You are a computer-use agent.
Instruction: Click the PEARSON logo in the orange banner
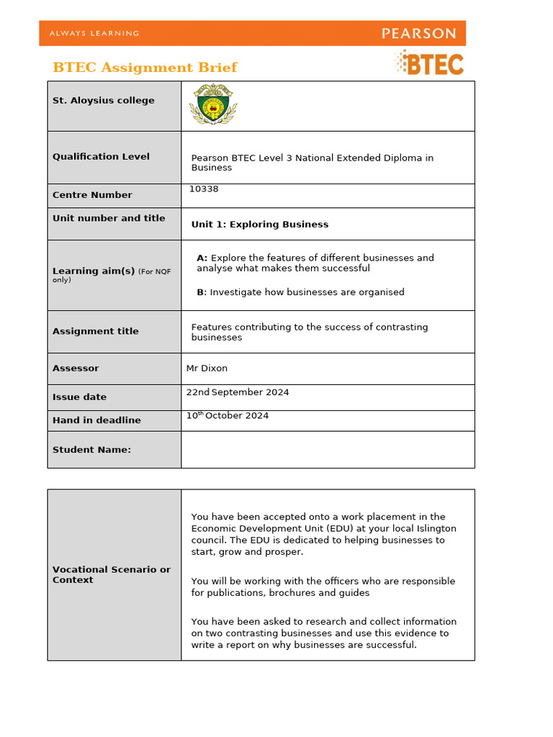(418, 33)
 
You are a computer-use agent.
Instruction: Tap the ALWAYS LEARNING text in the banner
(94, 33)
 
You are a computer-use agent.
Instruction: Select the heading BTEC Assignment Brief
(145, 68)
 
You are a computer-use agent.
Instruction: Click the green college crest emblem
(212, 105)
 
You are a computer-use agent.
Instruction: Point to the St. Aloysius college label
(103, 101)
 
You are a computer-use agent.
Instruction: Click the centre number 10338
(204, 189)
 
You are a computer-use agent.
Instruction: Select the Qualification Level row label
(101, 157)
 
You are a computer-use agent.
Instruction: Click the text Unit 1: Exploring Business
(259, 225)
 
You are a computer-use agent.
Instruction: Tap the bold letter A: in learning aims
(202, 258)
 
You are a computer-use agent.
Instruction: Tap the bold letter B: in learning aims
(202, 292)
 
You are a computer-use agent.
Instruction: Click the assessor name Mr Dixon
(207, 368)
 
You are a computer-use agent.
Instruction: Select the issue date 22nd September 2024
(238, 392)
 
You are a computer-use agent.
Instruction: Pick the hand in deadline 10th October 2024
(228, 416)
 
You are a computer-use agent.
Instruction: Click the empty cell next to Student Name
(328, 450)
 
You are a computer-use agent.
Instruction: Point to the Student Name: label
(91, 450)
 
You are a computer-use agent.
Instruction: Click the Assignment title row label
(95, 332)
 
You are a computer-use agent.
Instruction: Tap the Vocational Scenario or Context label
(112, 574)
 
